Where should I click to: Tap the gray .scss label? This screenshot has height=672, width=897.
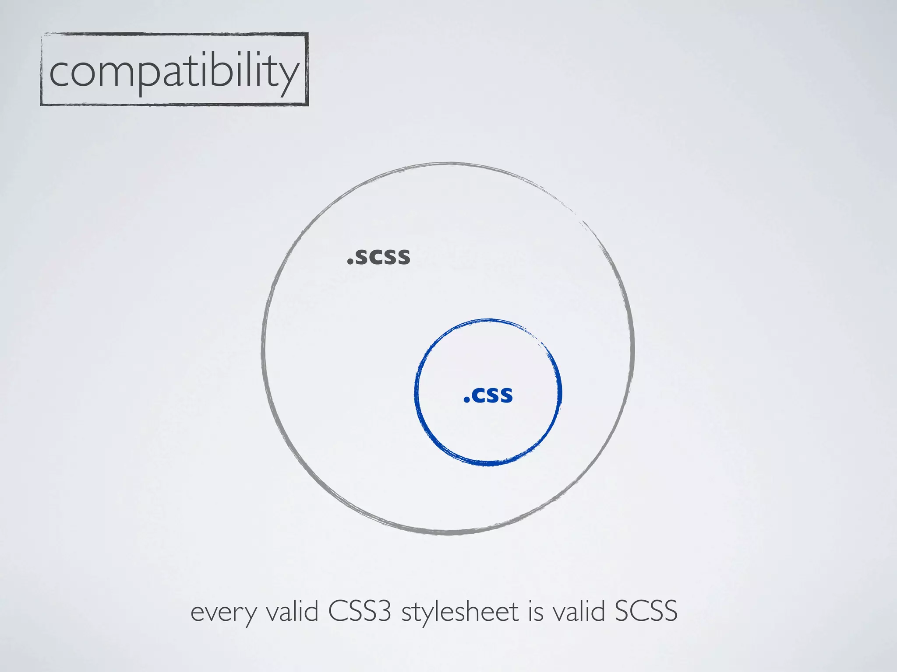tap(379, 257)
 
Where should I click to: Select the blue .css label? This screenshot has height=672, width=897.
tap(488, 395)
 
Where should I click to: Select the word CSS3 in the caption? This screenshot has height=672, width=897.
tap(360, 611)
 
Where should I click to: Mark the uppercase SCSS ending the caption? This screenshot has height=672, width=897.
tap(646, 611)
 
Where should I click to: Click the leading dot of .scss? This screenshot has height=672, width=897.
tap(350, 263)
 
